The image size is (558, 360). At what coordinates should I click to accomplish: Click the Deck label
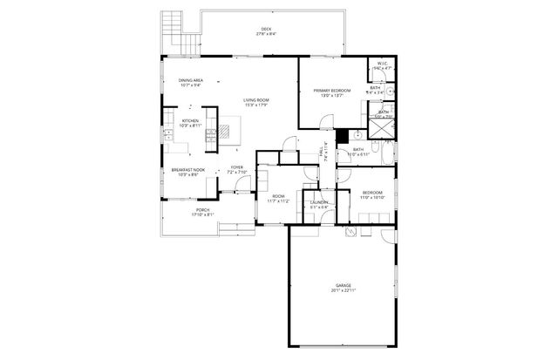pyautogui.click(x=266, y=30)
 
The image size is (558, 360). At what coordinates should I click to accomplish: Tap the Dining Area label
pyautogui.click(x=192, y=80)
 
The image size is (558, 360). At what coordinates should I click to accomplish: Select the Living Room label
pyautogui.click(x=255, y=100)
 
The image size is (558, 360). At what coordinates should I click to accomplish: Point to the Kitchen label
pyautogui.click(x=190, y=120)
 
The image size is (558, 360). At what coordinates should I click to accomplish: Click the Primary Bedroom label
pyautogui.click(x=333, y=91)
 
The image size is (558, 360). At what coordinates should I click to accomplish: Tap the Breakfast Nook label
pyautogui.click(x=188, y=170)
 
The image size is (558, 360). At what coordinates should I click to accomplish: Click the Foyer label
pyautogui.click(x=237, y=167)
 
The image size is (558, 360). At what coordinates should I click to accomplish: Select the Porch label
pyautogui.click(x=202, y=210)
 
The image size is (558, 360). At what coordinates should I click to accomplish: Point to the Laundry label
pyautogui.click(x=319, y=202)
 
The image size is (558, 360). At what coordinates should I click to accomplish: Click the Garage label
pyautogui.click(x=343, y=285)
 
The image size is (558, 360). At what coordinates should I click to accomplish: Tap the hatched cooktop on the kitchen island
pyautogui.click(x=224, y=132)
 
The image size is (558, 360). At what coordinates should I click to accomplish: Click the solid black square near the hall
pyautogui.click(x=343, y=136)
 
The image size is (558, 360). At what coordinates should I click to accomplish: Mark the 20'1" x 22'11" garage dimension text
pyautogui.click(x=343, y=291)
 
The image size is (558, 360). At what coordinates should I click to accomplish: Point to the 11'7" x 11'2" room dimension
pyautogui.click(x=278, y=200)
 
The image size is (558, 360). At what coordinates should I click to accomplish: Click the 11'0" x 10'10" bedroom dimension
pyautogui.click(x=372, y=198)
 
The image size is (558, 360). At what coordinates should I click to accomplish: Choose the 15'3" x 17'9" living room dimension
pyautogui.click(x=255, y=105)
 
